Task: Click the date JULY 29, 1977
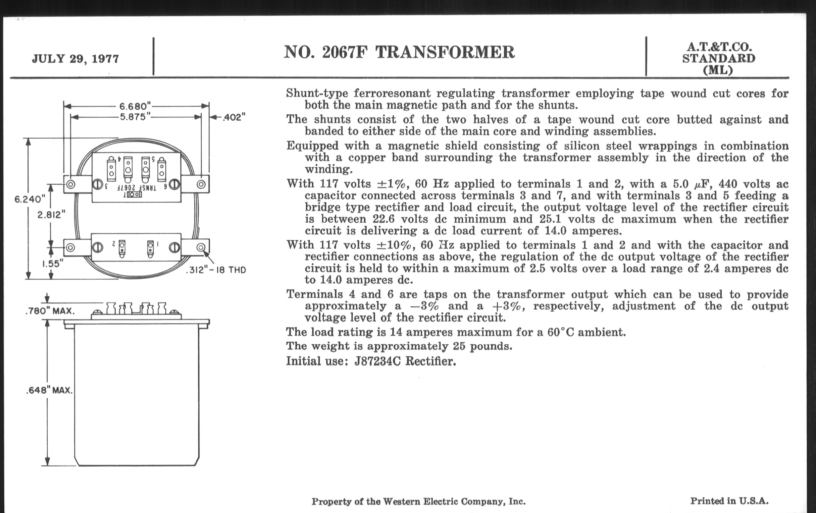[x=75, y=59]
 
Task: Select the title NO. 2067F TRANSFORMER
[x=399, y=52]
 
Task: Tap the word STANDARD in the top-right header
[x=718, y=58]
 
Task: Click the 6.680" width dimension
[x=135, y=106]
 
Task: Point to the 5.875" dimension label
[x=135, y=117]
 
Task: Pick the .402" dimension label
[x=234, y=117]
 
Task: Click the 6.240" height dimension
[x=30, y=199]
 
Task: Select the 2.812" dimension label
[x=51, y=215]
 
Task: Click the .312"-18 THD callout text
[x=216, y=270]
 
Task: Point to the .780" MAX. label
[x=50, y=311]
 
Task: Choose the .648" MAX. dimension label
[x=49, y=390]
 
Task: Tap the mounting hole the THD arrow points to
[x=201, y=247]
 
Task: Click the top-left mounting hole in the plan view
[x=70, y=184]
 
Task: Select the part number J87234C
[x=377, y=362]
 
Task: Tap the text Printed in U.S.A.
[x=729, y=501]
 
